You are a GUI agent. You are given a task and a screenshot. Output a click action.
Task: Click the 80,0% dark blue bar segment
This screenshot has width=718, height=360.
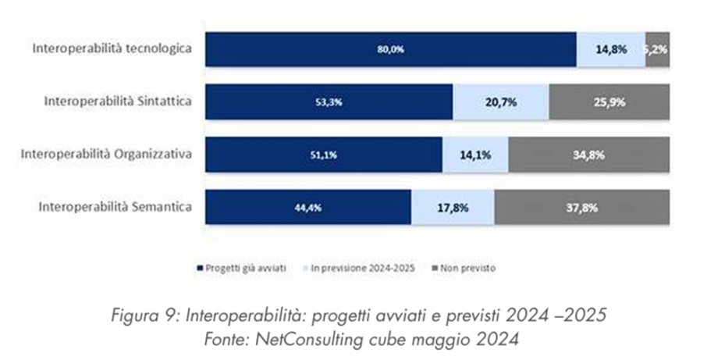tap(390, 49)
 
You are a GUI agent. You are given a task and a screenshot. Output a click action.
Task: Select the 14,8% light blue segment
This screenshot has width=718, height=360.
tap(611, 49)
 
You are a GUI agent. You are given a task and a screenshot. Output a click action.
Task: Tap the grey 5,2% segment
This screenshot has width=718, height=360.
tap(657, 49)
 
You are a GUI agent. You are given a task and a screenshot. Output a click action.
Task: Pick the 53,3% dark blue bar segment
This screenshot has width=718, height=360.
tap(329, 102)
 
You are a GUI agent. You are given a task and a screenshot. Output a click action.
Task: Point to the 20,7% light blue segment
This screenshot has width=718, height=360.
tap(501, 102)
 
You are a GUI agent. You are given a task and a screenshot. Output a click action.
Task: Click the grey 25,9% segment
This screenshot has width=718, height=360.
tap(609, 102)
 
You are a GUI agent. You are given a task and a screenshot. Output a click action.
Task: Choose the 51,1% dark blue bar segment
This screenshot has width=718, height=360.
tap(323, 155)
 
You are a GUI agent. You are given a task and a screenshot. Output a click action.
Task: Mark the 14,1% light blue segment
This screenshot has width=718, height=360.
tap(475, 155)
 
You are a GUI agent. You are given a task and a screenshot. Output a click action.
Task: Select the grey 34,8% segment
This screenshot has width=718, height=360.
tap(588, 155)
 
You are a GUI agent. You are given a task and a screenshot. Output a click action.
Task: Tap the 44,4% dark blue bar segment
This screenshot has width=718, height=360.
tap(307, 208)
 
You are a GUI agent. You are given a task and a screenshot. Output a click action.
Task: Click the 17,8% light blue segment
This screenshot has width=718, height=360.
tap(453, 208)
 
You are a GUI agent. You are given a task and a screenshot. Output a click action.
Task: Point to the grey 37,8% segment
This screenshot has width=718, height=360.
tap(581, 208)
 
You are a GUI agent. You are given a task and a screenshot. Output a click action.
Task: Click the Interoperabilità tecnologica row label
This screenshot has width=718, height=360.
tap(112, 48)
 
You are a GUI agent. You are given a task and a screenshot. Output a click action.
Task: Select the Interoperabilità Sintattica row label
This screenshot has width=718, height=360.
tap(119, 102)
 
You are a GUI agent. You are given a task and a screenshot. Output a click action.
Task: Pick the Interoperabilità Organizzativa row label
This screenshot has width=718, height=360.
tap(108, 155)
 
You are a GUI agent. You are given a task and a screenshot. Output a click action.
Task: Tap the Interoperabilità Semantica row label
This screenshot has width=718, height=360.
tap(116, 208)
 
